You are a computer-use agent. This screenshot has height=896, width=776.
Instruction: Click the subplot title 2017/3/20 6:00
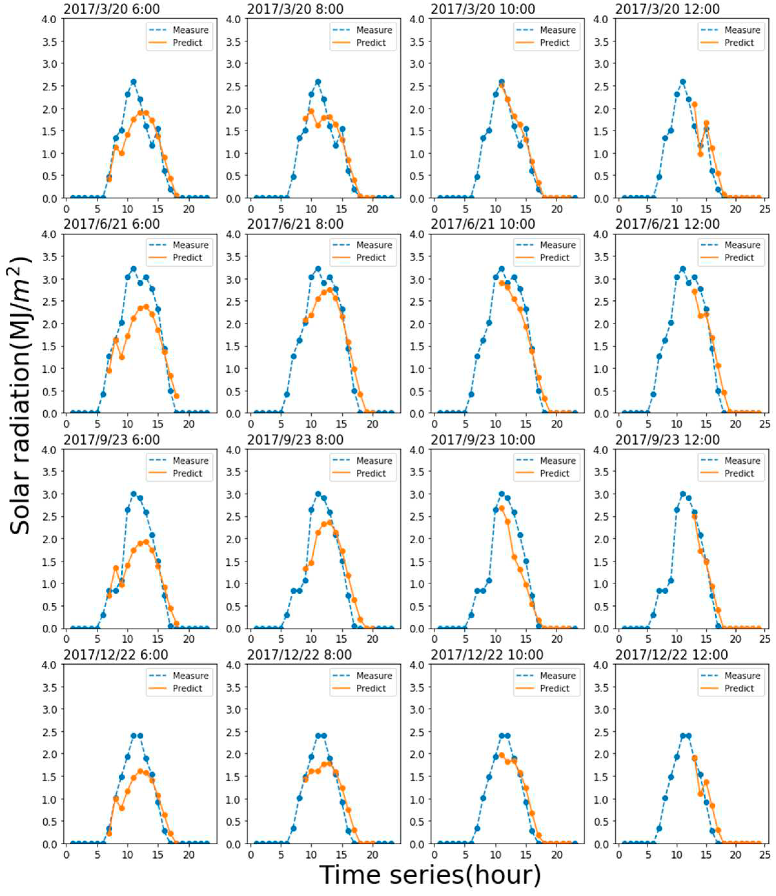click(x=111, y=9)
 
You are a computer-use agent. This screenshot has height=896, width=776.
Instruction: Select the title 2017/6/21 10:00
click(x=483, y=224)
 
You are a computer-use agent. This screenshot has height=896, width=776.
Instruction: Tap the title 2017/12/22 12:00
click(x=671, y=654)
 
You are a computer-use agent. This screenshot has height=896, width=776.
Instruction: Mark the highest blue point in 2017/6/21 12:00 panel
click(x=682, y=269)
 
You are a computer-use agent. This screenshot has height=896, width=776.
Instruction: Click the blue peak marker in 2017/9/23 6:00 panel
click(x=133, y=494)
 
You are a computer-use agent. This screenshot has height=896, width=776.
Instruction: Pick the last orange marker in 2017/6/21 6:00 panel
click(x=176, y=396)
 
